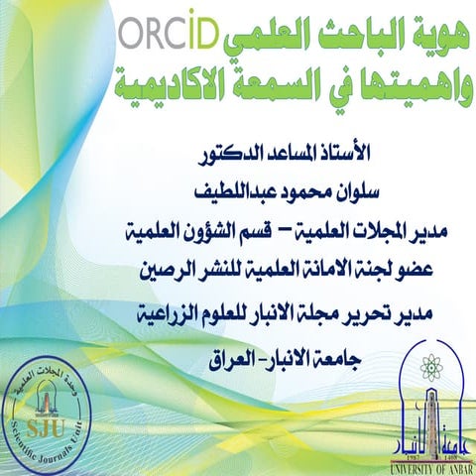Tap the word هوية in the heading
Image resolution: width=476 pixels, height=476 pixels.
click(x=425, y=38)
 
